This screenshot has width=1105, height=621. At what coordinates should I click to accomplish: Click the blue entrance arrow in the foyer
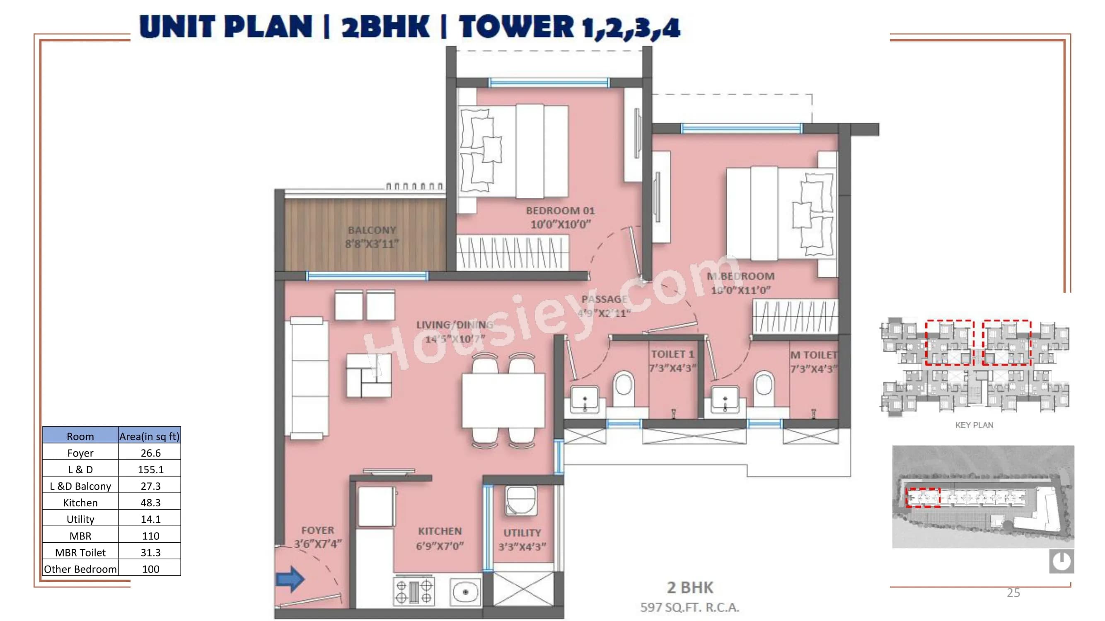(x=290, y=579)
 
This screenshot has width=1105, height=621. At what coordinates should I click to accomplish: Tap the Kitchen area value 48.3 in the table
(x=150, y=502)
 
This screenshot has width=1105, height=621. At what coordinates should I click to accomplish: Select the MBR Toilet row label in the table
(x=80, y=552)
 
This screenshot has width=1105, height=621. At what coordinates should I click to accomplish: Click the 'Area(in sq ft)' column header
(x=149, y=436)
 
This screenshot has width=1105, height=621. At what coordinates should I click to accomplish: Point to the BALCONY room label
(x=372, y=230)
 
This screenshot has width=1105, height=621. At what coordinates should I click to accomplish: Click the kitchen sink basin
(x=465, y=592)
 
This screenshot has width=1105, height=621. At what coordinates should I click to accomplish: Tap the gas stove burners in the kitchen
(x=413, y=592)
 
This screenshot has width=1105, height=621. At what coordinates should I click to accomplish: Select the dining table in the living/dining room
(x=503, y=400)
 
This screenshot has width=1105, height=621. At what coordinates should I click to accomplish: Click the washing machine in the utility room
(x=521, y=501)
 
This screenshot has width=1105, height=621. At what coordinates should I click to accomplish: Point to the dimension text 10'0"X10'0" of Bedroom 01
(x=561, y=224)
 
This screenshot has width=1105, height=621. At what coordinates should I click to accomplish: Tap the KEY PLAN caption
(x=974, y=425)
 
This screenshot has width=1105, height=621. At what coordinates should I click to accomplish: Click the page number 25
(x=1013, y=593)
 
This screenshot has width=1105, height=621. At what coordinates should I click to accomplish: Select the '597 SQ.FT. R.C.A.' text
(x=689, y=607)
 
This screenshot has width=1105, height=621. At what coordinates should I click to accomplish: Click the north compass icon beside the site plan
(x=1061, y=561)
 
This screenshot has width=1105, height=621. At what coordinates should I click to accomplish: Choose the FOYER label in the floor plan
(x=317, y=530)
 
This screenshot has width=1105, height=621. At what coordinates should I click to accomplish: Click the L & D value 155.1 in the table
(x=150, y=469)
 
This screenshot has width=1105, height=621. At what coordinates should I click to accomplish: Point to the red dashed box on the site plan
(x=922, y=498)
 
